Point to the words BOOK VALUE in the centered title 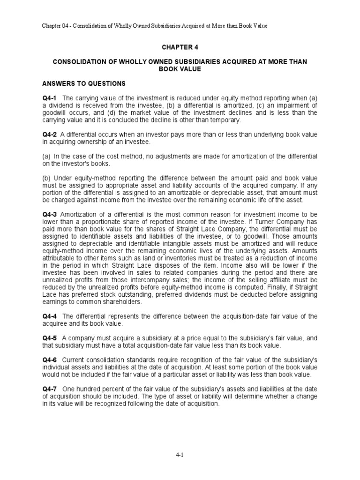coord(180,69)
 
